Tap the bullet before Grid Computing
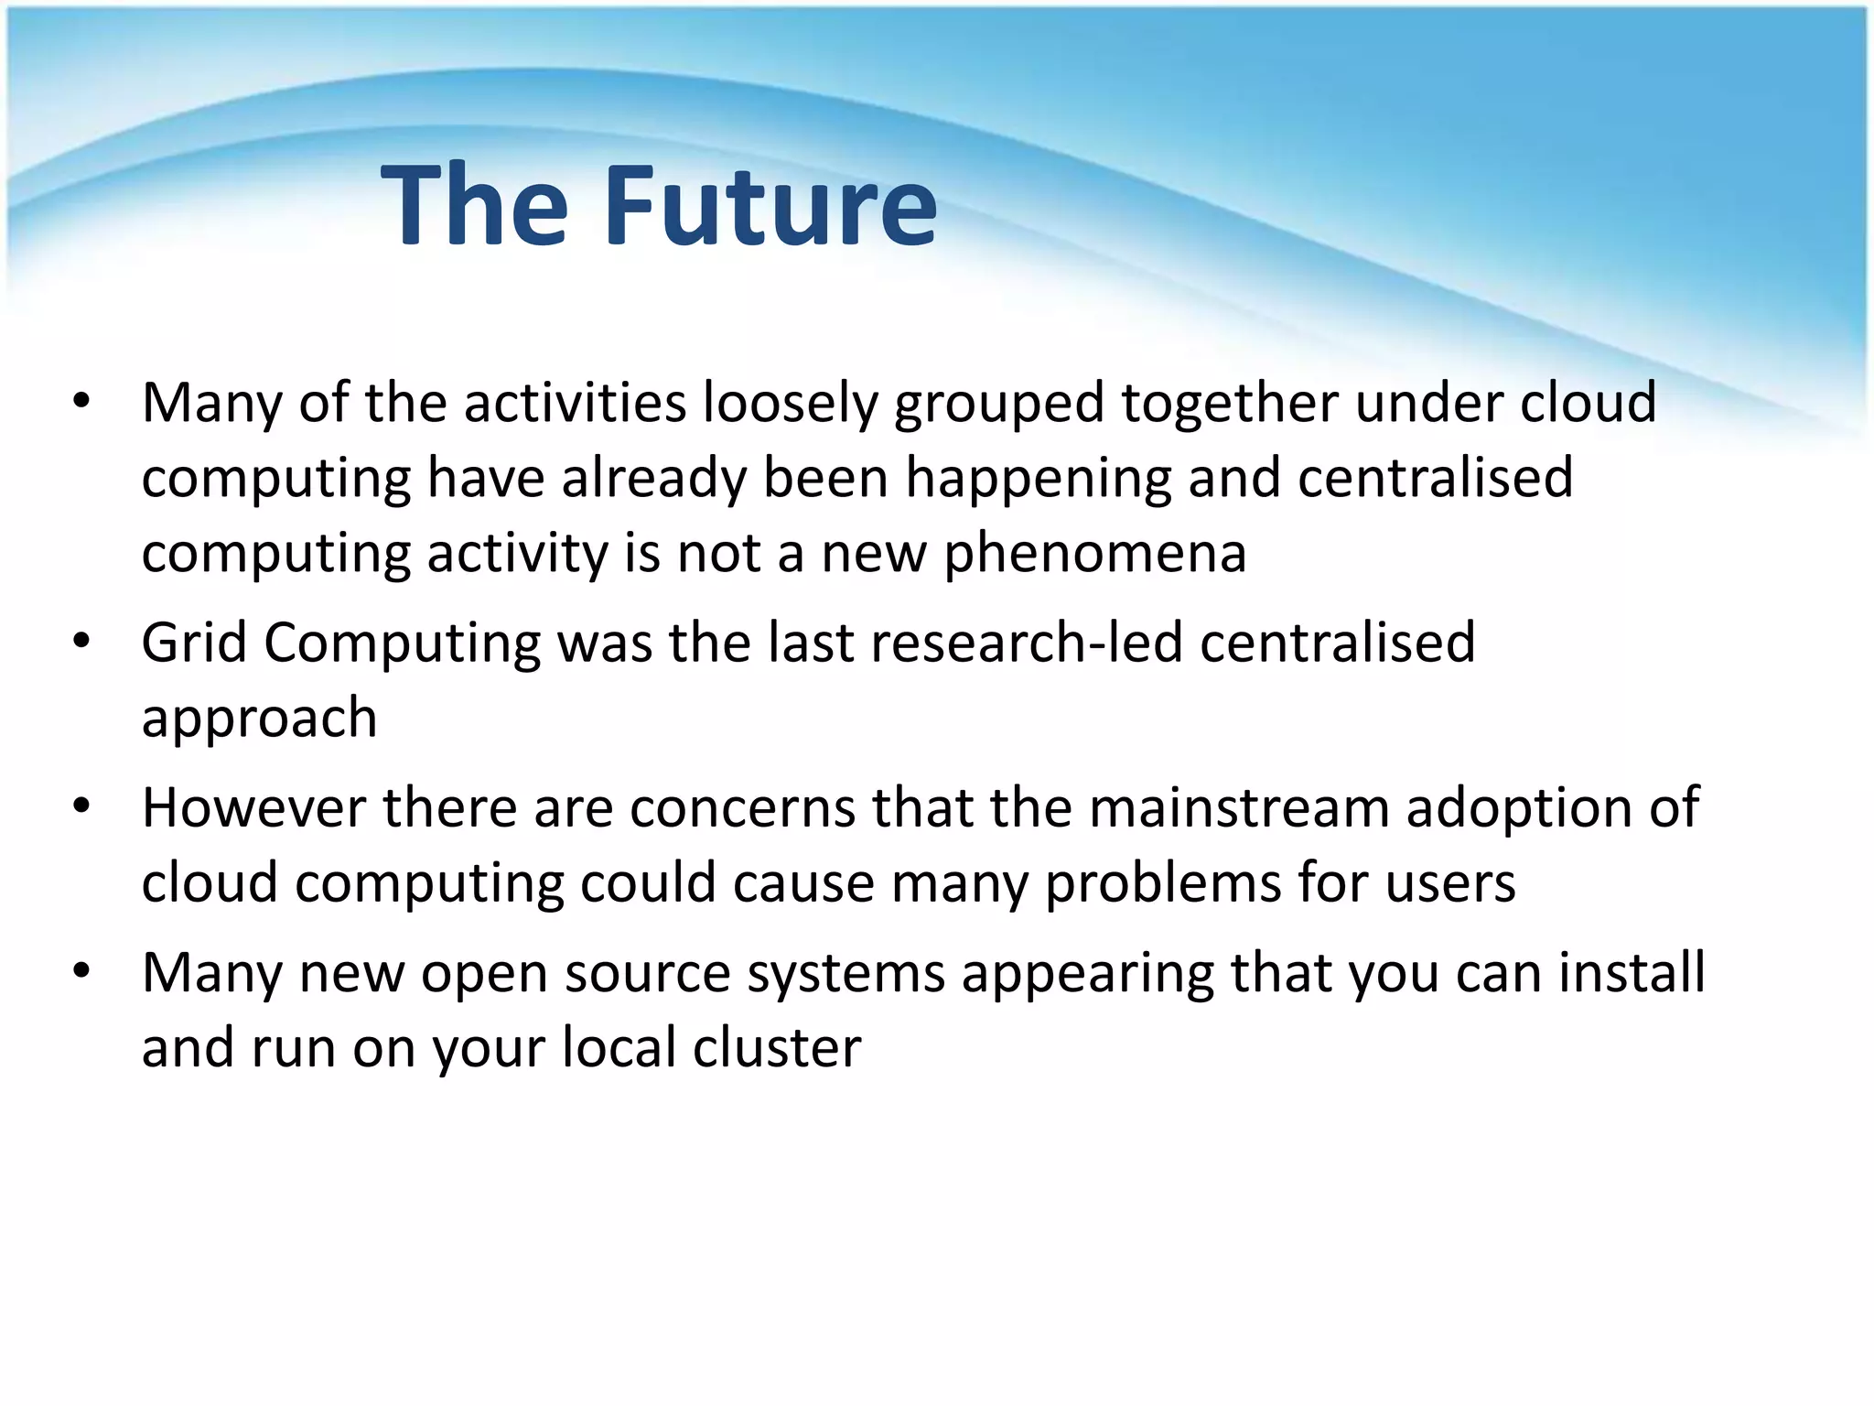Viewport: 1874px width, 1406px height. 81,641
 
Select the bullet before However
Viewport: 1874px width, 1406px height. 81,806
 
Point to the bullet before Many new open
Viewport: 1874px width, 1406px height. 81,971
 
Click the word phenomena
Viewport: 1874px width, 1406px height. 1094,555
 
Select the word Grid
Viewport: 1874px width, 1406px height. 194,643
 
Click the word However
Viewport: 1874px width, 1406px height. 253,808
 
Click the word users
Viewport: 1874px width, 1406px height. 1449,884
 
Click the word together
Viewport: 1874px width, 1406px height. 1230,405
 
